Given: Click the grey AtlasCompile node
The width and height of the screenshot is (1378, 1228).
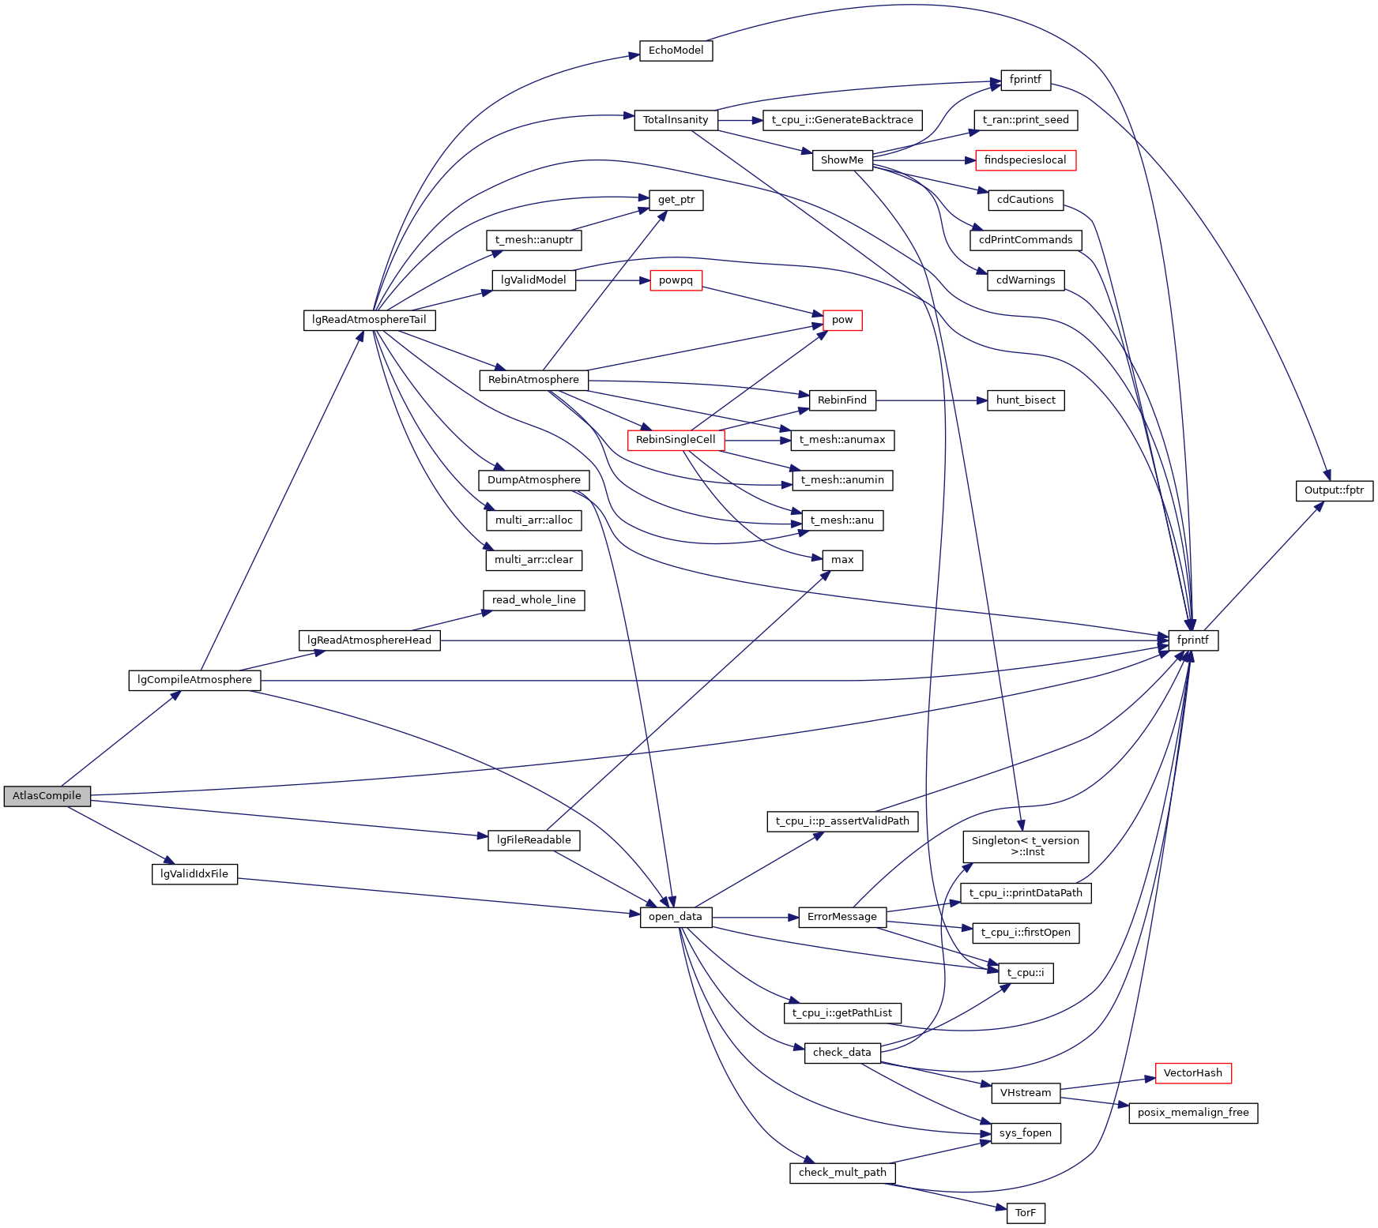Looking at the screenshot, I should click(47, 796).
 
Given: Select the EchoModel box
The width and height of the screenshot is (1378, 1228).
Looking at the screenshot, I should click(676, 51).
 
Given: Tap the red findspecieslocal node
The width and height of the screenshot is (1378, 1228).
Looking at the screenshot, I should click(1025, 160).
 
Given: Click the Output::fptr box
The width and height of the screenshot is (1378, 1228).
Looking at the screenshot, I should click(1334, 490).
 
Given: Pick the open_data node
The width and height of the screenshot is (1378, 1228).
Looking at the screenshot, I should click(675, 917).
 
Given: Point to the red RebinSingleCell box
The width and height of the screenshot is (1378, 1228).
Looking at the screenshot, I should click(676, 440).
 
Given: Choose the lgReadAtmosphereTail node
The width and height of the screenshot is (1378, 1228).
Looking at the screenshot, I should click(369, 320).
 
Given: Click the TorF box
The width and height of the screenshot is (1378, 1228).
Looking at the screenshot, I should click(1025, 1213).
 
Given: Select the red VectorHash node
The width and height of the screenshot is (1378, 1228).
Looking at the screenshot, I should click(1192, 1073).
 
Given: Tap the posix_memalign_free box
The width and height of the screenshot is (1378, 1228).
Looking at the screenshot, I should click(1192, 1113).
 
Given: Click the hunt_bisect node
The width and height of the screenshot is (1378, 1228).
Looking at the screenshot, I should click(1025, 400).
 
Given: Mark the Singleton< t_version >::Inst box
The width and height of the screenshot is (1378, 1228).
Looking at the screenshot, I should click(1025, 847).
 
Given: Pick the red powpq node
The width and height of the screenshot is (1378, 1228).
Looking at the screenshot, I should click(676, 280).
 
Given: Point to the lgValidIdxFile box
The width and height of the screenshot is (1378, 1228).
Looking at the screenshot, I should click(194, 874).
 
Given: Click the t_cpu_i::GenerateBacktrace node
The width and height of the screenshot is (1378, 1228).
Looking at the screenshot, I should click(841, 120).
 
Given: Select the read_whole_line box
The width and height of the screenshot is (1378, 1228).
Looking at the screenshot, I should click(533, 600).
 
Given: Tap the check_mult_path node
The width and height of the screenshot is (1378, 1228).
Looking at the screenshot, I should click(841, 1173).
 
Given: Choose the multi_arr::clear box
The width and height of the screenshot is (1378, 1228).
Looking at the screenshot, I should click(533, 560).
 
